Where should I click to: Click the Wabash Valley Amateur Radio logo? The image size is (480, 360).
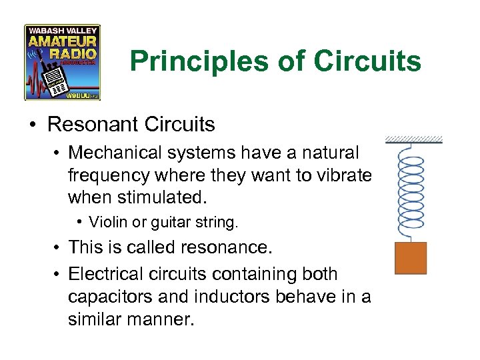[62, 62]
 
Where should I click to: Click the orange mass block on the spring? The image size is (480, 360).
[411, 258]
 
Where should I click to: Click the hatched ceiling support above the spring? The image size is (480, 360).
[413, 139]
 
